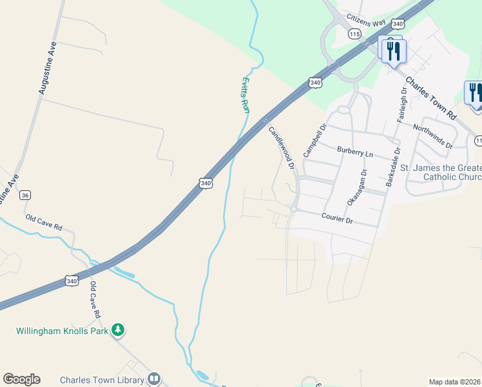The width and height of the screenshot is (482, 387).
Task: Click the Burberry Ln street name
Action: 355,152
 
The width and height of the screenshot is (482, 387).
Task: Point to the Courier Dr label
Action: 337,220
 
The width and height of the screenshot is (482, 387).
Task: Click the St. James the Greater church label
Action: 441,172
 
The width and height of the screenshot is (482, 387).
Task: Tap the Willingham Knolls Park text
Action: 61,331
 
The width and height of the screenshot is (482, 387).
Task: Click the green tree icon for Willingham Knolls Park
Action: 117,330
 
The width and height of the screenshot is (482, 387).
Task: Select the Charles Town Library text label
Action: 101,379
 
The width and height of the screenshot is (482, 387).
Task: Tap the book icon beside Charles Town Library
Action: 153,379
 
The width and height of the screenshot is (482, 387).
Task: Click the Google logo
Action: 21,379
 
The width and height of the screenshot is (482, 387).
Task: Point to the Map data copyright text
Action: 455,382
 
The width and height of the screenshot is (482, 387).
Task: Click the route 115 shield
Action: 354,33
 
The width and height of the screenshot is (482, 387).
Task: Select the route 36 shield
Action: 25,194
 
